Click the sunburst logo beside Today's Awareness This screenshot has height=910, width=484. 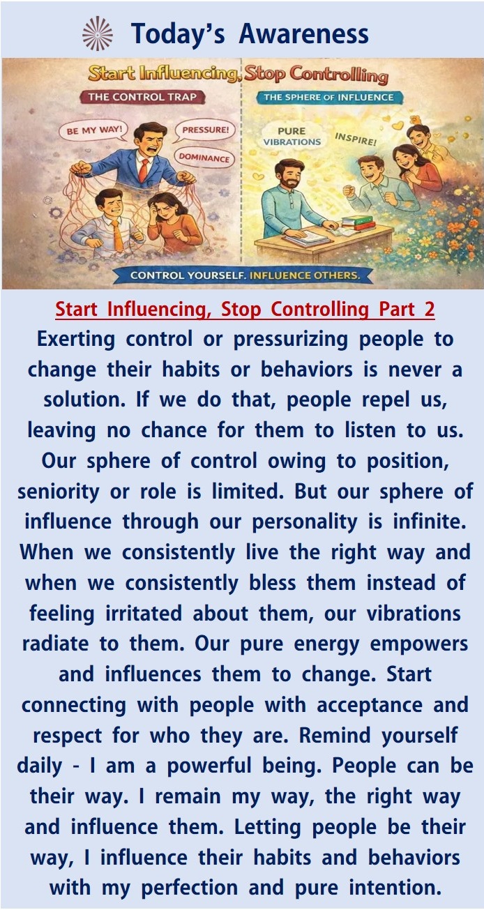tap(98, 33)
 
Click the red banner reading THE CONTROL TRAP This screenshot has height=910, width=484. tap(142, 97)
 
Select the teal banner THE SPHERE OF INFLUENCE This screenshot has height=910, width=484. tap(328, 98)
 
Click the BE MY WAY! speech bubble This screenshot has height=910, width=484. tap(94, 131)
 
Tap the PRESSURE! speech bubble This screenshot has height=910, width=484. tap(205, 130)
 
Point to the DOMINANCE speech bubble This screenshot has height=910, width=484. tap(204, 158)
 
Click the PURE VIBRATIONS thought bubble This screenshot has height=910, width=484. tap(292, 137)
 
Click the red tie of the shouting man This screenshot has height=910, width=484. tap(143, 170)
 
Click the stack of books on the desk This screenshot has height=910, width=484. tap(358, 223)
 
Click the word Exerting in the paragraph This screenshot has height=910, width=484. tap(76, 339)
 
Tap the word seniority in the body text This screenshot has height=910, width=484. tap(58, 492)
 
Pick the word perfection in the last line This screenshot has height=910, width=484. tap(190, 888)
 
